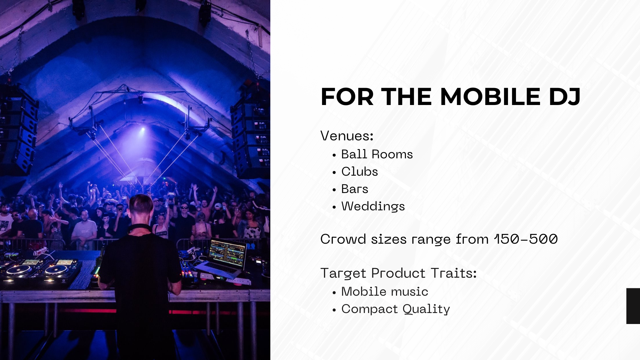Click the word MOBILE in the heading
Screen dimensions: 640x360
pos(490,97)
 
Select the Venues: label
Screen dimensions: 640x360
pos(347,136)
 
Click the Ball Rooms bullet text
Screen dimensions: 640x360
pos(377,154)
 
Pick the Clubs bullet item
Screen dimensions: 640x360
pos(360,171)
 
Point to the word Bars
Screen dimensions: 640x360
pos(355,189)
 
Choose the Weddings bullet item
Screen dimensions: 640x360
pos(373,206)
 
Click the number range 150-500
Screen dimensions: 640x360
pos(526,239)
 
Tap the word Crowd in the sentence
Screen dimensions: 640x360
pos(343,239)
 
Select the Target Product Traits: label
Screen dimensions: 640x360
pos(399,273)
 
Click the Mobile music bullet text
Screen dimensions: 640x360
pos(385,291)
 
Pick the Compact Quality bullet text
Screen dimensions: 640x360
pos(396,309)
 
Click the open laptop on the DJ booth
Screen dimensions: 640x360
pos(223,257)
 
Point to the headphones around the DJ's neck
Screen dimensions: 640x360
pos(140,229)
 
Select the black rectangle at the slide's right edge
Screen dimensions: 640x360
pos(633,306)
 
